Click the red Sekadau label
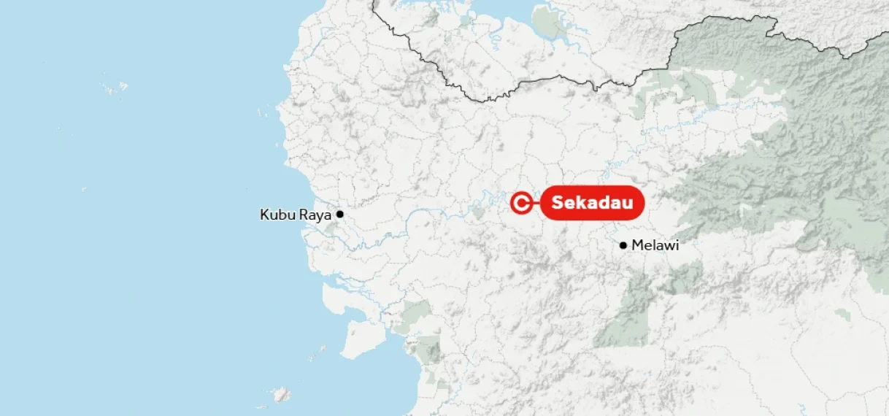(592, 203)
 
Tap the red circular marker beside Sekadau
(521, 204)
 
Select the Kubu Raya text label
(296, 215)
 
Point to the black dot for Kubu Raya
(339, 215)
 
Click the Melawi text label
(655, 245)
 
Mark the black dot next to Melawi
(623, 245)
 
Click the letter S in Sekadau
(558, 203)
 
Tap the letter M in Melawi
(637, 245)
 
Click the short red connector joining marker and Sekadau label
(536, 204)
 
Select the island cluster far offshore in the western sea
(115, 88)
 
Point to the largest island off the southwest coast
(359, 336)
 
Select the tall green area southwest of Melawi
(624, 314)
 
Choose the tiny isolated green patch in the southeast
(843, 315)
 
